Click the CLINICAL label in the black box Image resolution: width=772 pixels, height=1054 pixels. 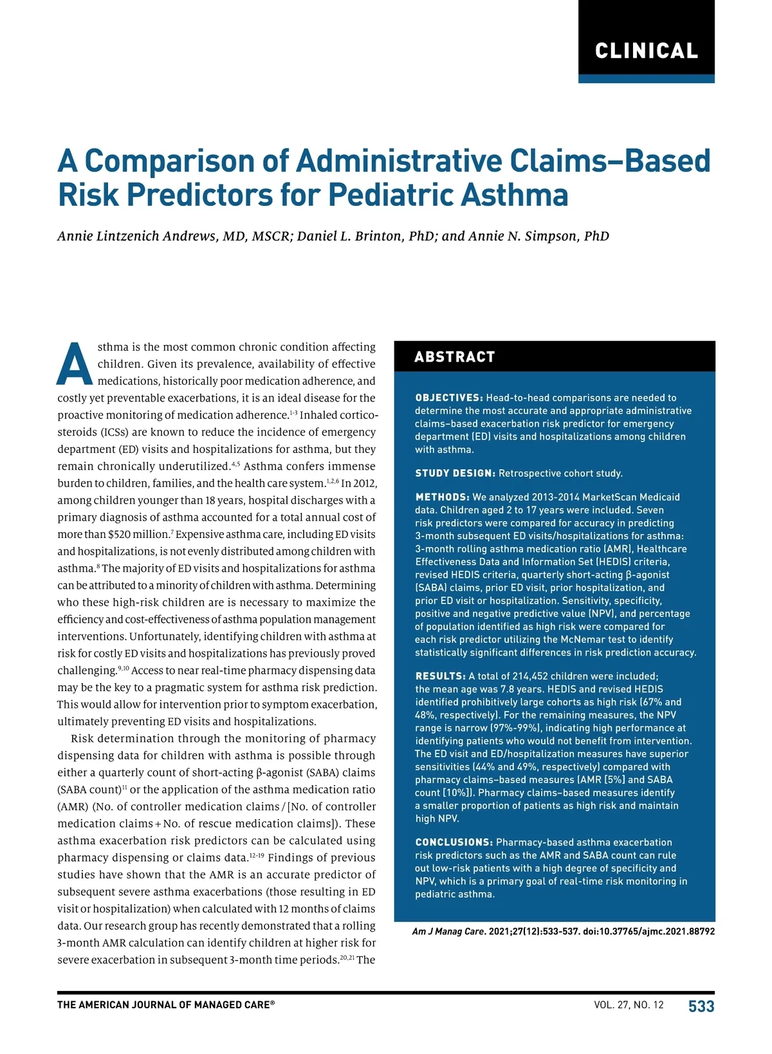tap(646, 51)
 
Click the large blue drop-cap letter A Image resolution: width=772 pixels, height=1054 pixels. tap(75, 364)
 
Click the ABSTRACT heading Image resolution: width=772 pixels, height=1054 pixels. tap(454, 357)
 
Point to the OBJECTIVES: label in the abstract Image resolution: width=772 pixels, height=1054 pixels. tap(448, 398)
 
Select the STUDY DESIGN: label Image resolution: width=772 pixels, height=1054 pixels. tap(455, 473)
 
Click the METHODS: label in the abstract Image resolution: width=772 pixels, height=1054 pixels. tap(442, 497)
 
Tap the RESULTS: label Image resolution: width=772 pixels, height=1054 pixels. tap(440, 676)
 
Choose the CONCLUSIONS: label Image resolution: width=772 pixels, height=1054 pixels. tap(454, 842)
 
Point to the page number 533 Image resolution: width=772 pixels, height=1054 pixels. tap(701, 1006)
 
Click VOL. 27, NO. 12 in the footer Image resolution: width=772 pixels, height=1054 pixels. tap(629, 1005)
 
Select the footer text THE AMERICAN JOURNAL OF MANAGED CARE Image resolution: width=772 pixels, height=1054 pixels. tap(165, 1005)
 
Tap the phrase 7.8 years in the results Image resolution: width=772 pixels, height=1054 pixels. tap(520, 689)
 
